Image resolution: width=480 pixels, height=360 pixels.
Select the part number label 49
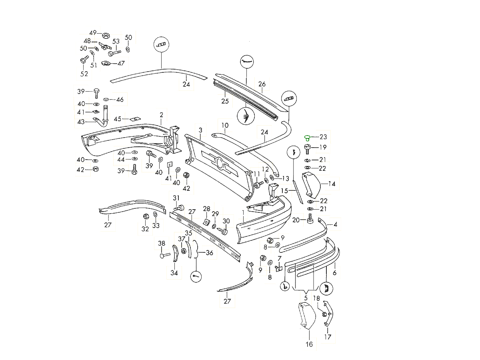pos(93,33)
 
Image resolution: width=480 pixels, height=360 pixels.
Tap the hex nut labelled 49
pos(106,35)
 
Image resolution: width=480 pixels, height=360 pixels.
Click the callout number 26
pos(262,84)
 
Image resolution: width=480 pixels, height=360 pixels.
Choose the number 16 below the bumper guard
pos(309,344)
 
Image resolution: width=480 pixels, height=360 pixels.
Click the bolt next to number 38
pos(164,254)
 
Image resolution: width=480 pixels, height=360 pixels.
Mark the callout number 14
pos(332,184)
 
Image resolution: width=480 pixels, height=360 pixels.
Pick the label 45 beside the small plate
pos(118,119)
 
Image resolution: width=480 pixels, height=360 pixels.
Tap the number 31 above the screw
pos(176,198)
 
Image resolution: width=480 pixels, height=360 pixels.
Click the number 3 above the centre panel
pos(200,130)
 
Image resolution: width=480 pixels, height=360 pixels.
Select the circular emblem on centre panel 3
pos(219,163)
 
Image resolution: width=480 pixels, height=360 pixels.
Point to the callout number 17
pos(328,337)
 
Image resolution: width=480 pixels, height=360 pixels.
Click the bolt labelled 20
pos(310,220)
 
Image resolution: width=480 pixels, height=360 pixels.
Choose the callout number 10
pos(225,125)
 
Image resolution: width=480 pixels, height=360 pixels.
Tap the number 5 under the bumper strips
pos(306,298)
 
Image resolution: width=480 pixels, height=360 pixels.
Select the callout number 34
pos(174,273)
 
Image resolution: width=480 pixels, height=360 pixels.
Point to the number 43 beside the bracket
pos(81,122)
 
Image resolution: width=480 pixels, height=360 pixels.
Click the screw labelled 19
pos(308,149)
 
